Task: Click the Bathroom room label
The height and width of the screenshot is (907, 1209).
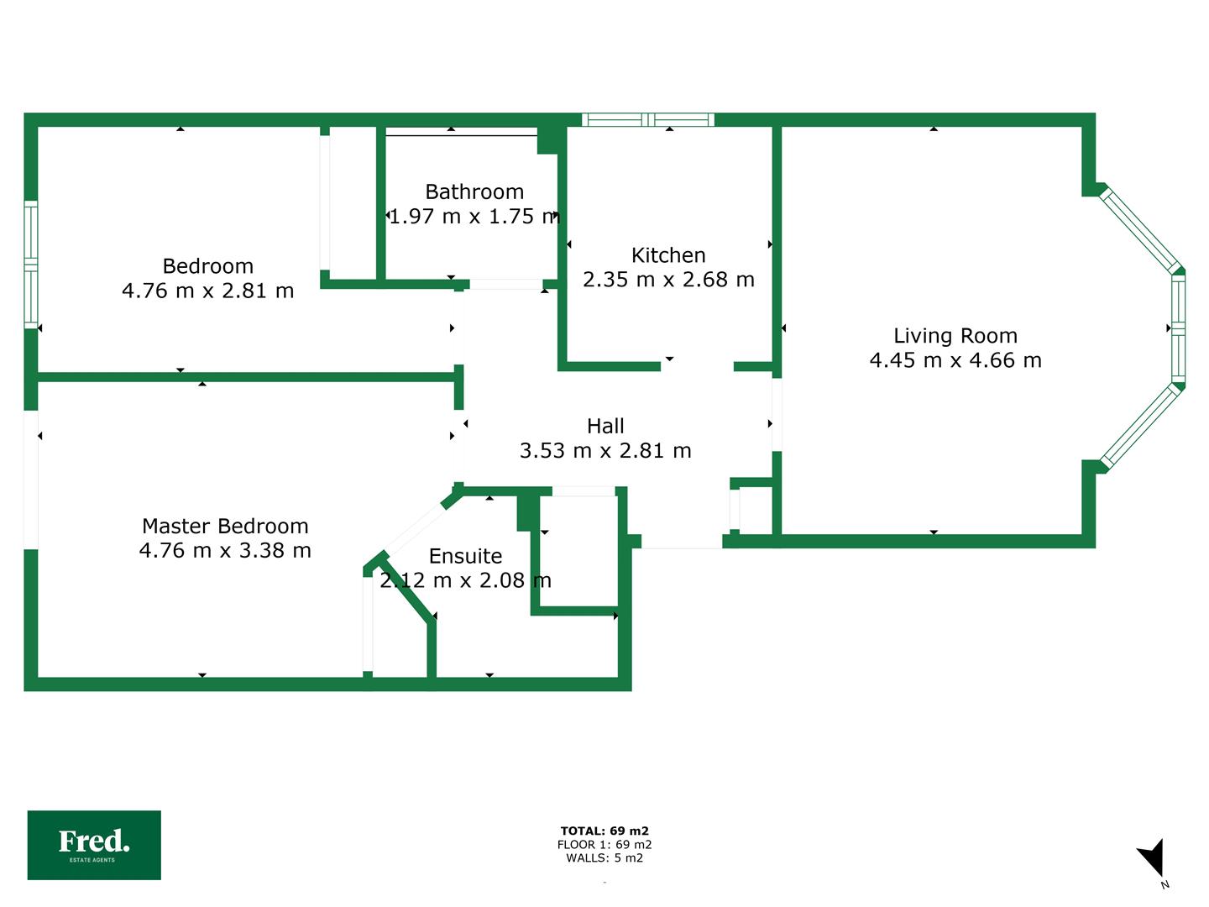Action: point(474,192)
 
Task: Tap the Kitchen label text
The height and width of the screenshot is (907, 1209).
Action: point(668,255)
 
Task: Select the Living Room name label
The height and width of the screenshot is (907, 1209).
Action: point(955,336)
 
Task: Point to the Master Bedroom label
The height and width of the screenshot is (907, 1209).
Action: point(225,527)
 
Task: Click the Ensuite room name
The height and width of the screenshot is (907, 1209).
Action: point(465,556)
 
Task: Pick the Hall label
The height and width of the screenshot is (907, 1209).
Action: point(605,427)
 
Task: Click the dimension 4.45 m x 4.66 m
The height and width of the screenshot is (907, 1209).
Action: point(955,360)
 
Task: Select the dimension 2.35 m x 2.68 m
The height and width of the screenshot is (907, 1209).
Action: point(668,280)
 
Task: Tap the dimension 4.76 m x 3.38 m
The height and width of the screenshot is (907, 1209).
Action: point(225,551)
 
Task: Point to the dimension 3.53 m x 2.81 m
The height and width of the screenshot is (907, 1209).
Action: point(605,451)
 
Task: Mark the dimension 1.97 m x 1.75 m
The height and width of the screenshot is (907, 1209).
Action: point(474,217)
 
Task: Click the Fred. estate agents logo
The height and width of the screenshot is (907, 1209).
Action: point(94,845)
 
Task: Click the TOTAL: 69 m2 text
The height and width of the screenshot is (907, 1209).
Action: point(604,831)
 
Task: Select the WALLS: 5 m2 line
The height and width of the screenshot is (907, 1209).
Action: point(604,858)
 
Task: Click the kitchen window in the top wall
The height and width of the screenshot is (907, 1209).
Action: point(648,120)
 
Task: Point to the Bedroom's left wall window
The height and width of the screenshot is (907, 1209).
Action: point(31,265)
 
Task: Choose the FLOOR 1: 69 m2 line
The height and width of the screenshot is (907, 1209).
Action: point(604,845)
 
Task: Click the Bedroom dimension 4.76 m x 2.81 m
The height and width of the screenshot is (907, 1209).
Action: point(208,291)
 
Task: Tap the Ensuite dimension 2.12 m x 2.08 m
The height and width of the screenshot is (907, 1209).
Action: point(465,580)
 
